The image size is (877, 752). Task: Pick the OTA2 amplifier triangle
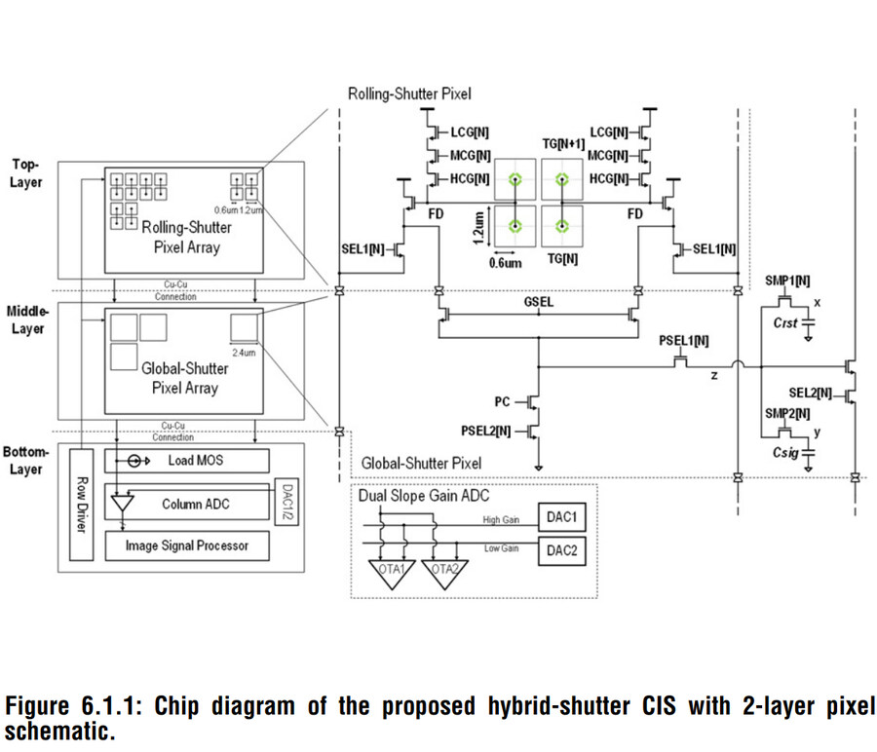(443, 574)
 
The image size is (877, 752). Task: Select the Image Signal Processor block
(187, 545)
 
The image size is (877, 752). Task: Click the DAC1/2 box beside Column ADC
(286, 504)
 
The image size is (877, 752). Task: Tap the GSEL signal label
(538, 303)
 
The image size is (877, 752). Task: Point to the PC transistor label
(503, 400)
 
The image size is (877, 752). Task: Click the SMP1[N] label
(788, 281)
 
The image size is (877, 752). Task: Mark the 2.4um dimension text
(245, 353)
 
